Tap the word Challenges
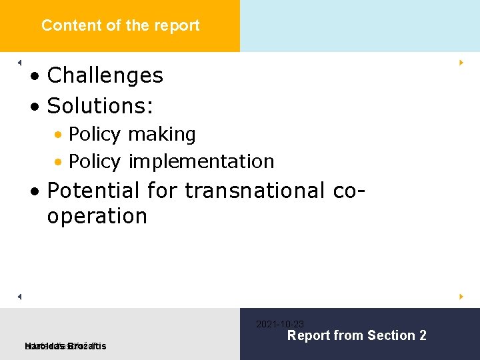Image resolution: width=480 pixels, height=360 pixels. [x=105, y=75]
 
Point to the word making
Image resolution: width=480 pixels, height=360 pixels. [x=161, y=135]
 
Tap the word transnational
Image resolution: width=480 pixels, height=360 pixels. [x=254, y=191]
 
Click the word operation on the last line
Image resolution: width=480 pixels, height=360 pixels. [x=97, y=216]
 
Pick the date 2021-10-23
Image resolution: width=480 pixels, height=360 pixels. [x=280, y=324]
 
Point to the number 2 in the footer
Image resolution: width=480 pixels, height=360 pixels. [x=422, y=335]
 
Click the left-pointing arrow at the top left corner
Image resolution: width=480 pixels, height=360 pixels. [x=20, y=62]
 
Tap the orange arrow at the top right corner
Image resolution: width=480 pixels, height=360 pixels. [x=461, y=62]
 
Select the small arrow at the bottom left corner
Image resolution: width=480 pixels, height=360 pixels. [x=20, y=295]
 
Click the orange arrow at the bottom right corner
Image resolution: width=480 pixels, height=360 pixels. [x=461, y=295]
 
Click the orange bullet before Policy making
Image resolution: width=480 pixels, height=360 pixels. [x=59, y=135]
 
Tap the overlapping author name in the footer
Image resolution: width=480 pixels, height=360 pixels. [x=65, y=345]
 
